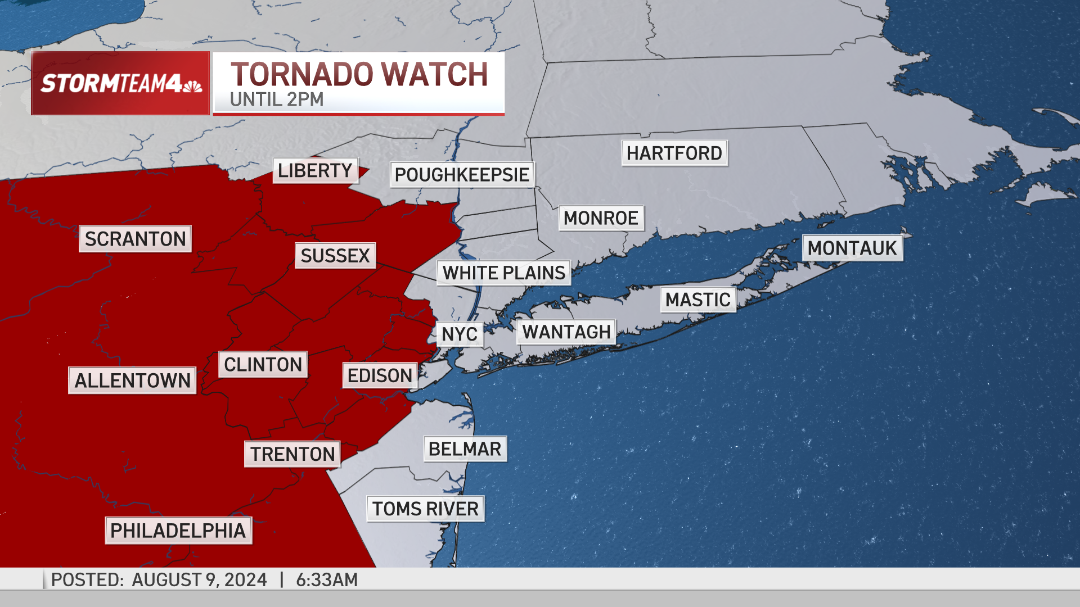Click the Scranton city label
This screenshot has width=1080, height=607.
pyautogui.click(x=135, y=239)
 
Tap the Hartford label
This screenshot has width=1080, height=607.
pyautogui.click(x=674, y=153)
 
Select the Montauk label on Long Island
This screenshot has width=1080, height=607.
pyautogui.click(x=852, y=248)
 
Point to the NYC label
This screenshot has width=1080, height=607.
pyautogui.click(x=460, y=334)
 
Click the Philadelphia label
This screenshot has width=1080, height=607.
pyautogui.click(x=178, y=531)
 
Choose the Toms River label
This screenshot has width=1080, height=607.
pyautogui.click(x=425, y=509)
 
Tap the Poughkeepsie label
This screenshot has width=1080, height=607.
pyautogui.click(x=462, y=175)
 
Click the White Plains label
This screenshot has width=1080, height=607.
pyautogui.click(x=503, y=273)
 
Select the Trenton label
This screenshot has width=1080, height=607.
pyautogui.click(x=292, y=454)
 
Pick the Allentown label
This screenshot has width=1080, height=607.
pyautogui.click(x=132, y=380)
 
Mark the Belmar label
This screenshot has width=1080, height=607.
pyautogui.click(x=465, y=449)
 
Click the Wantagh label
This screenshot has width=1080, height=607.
pyautogui.click(x=566, y=332)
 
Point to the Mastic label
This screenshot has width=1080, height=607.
pyautogui.click(x=697, y=300)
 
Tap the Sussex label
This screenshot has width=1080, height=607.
pyautogui.click(x=335, y=256)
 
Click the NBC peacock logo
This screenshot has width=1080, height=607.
pyautogui.click(x=192, y=86)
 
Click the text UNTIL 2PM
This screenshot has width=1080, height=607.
pyautogui.click(x=277, y=99)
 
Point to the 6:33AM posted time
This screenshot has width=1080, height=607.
pyautogui.click(x=327, y=579)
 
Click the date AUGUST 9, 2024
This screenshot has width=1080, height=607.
pyautogui.click(x=199, y=579)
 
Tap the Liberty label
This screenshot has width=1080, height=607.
pyautogui.click(x=315, y=170)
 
